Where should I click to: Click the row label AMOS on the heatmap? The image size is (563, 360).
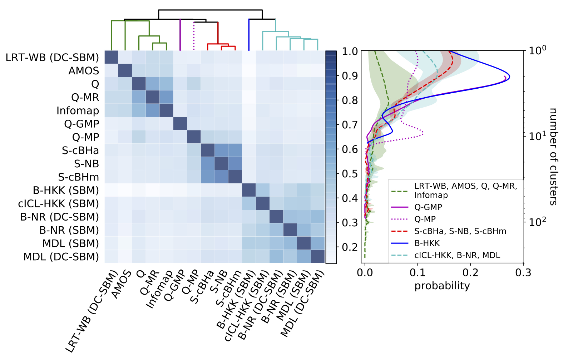pos(84,71)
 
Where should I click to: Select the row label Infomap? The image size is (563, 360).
pos(78,110)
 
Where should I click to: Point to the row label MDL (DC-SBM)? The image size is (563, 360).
pos(61,257)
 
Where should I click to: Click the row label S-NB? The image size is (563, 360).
pos(87,164)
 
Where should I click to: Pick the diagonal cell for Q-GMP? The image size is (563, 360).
pos(180,124)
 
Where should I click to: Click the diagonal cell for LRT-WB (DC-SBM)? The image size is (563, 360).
pos(111,58)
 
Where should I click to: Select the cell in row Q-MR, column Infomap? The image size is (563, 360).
pos(166,97)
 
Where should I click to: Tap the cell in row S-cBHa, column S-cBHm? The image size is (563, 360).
pos(235,150)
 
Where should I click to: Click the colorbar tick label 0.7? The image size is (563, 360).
pos(349,125)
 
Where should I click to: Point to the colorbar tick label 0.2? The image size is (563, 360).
pos(349,247)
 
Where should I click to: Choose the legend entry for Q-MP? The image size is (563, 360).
pos(425,219)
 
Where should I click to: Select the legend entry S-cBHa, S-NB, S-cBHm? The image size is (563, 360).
pos(460,231)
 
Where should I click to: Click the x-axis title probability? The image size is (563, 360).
pos(442,286)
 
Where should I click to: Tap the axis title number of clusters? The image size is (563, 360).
pos(553,156)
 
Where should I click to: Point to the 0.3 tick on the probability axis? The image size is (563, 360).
pos(523,273)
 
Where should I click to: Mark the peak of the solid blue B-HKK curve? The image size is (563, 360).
pos(509,77)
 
